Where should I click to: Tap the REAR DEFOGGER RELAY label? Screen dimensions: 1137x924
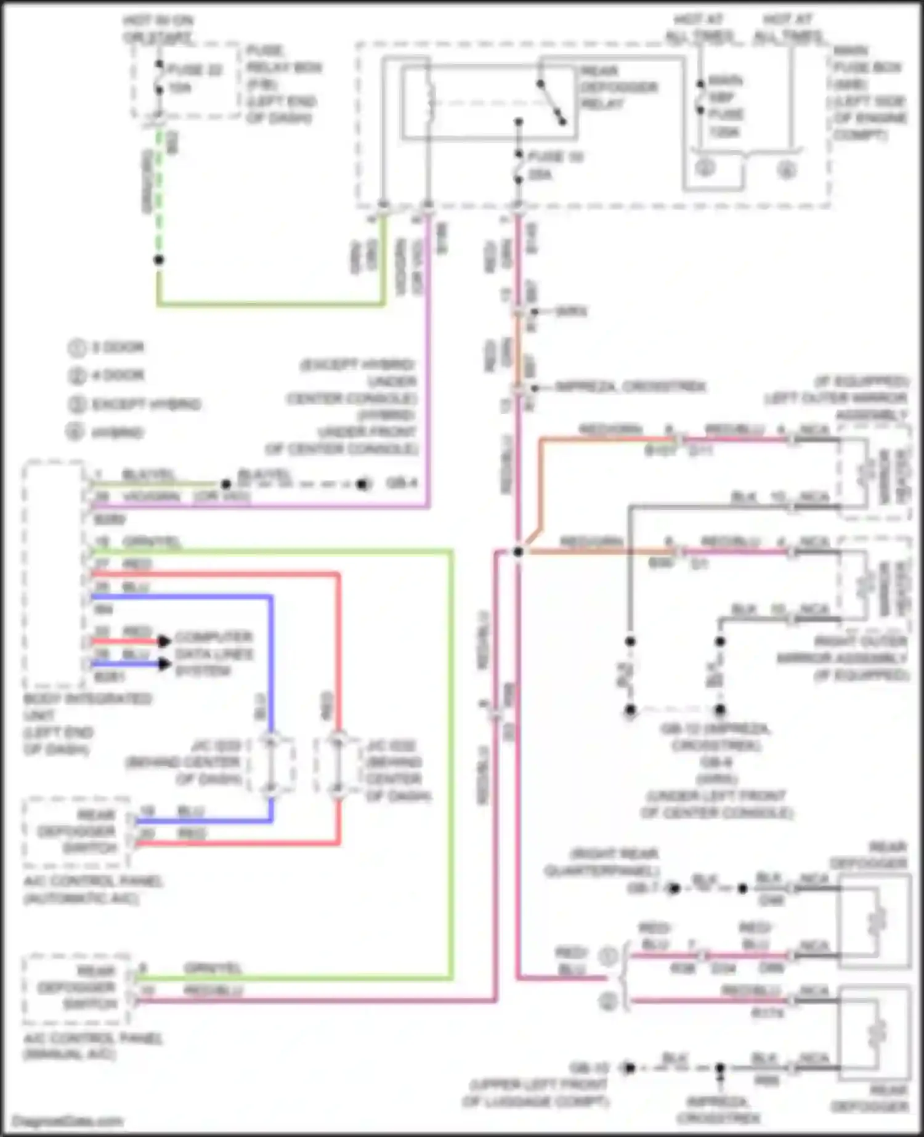[x=618, y=87]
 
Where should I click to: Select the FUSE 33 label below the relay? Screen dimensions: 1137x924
[x=556, y=157]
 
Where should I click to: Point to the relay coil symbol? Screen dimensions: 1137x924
[x=429, y=102]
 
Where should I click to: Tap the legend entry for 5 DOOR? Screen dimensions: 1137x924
[x=117, y=347]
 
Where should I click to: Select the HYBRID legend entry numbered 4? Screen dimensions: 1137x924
[x=117, y=433]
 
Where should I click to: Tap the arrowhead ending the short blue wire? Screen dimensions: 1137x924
[x=164, y=664]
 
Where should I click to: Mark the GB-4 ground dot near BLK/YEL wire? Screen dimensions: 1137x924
[x=363, y=484]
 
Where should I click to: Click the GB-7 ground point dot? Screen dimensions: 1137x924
[x=674, y=888]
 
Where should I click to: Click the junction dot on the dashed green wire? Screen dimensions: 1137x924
[x=159, y=260]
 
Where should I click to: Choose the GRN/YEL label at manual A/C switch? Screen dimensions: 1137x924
[x=213, y=969]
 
